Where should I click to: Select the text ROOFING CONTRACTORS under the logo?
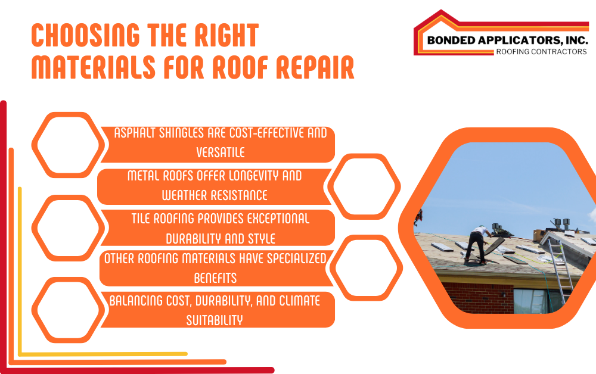tap(541, 52)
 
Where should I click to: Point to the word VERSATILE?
tap(218, 152)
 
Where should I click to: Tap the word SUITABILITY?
tap(215, 320)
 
